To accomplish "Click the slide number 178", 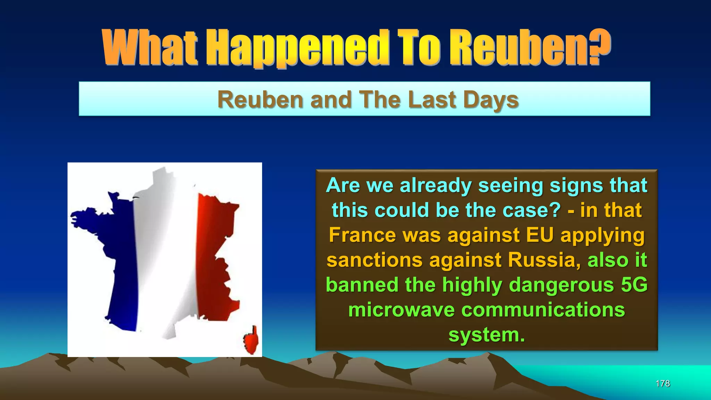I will click(x=662, y=383).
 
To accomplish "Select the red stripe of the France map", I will click(x=215, y=257).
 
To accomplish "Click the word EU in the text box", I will click(x=539, y=235).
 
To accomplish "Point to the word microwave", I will click(x=401, y=310).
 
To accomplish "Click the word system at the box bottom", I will click(x=486, y=335).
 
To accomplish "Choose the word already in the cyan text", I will click(x=436, y=185).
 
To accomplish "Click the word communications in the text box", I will click(x=543, y=310).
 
